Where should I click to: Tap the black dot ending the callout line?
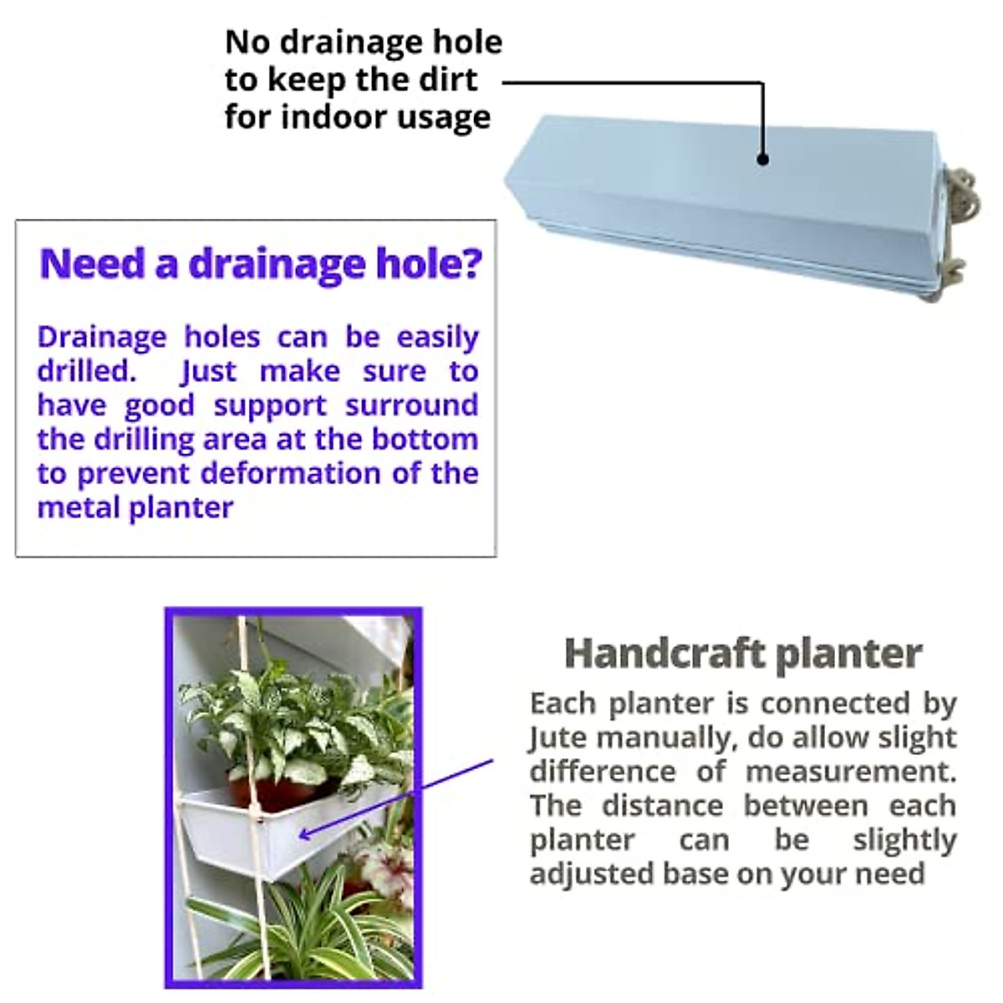tap(762, 159)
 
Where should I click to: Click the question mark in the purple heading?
tap(472, 263)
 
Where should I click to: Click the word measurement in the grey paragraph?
tap(850, 771)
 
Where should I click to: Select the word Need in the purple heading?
tap(92, 263)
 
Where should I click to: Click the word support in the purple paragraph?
tap(269, 405)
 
